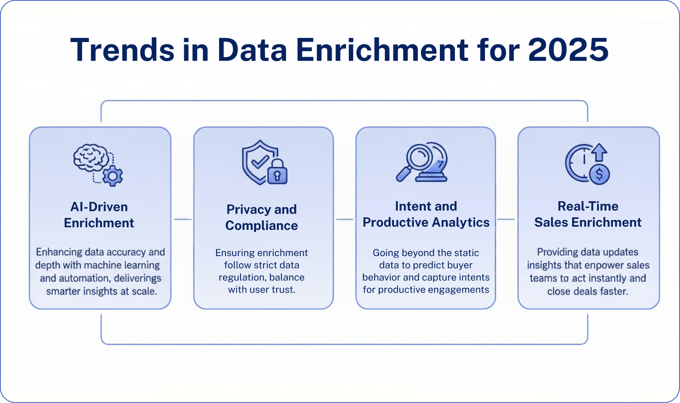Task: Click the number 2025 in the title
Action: pyautogui.click(x=568, y=49)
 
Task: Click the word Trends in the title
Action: pyautogui.click(x=122, y=49)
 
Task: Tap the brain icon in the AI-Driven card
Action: pyautogui.click(x=91, y=157)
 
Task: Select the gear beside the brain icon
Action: pyautogui.click(x=113, y=176)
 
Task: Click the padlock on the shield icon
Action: pyautogui.click(x=277, y=172)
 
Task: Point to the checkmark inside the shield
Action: pyautogui.click(x=260, y=162)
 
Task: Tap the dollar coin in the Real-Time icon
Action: pyautogui.click(x=599, y=174)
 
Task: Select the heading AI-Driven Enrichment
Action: pyautogui.click(x=99, y=215)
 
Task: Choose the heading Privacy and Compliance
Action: pyautogui.click(x=261, y=217)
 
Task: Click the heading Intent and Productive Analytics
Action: pyautogui.click(x=426, y=214)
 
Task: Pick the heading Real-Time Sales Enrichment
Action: pyautogui.click(x=588, y=214)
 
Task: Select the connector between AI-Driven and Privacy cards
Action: pyautogui.click(x=183, y=219)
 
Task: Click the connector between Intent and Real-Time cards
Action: pyautogui.click(x=506, y=219)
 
